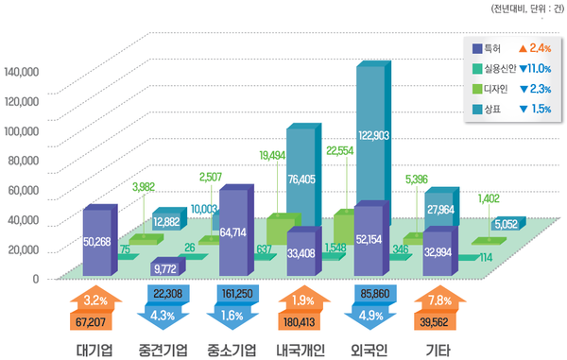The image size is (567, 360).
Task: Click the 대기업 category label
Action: point(94,349)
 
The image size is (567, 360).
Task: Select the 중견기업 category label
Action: point(163,349)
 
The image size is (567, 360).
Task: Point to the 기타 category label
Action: point(437,349)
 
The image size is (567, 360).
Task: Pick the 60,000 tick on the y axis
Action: point(23,190)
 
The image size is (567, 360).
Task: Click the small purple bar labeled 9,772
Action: point(166,268)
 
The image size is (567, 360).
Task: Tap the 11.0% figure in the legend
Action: point(535,68)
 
